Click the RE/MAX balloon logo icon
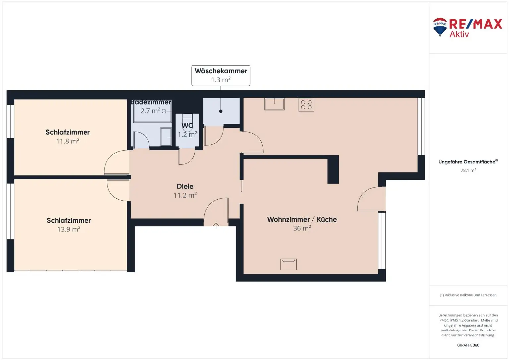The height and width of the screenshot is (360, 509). pyautogui.click(x=440, y=27)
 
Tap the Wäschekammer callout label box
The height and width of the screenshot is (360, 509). pyautogui.click(x=221, y=76)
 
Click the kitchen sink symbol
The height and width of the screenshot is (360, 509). pyautogui.click(x=274, y=104)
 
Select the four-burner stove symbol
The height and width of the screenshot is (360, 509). pyautogui.click(x=306, y=105)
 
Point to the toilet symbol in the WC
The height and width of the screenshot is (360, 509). pyautogui.click(x=187, y=123)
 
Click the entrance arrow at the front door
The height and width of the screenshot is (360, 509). pyautogui.click(x=216, y=226)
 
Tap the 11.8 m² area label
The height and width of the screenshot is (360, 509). pyautogui.click(x=68, y=141)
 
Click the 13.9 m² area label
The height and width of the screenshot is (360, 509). pyautogui.click(x=69, y=229)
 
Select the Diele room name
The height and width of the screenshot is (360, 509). pyautogui.click(x=185, y=186)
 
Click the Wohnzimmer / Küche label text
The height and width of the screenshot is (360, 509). pyautogui.click(x=302, y=219)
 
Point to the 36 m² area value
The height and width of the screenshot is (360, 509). pyautogui.click(x=302, y=228)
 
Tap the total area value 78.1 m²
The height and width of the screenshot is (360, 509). pyautogui.click(x=468, y=170)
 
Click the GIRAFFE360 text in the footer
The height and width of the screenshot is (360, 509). pyautogui.click(x=468, y=345)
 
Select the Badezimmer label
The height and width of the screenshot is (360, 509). pyautogui.click(x=151, y=102)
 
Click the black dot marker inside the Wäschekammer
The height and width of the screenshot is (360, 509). pyautogui.click(x=221, y=111)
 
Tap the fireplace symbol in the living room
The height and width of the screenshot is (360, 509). pyautogui.click(x=288, y=264)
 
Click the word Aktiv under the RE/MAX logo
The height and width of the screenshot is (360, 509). pyautogui.click(x=459, y=34)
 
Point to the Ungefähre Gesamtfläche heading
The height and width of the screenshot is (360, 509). pyautogui.click(x=467, y=162)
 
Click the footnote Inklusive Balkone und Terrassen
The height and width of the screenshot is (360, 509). pyautogui.click(x=468, y=295)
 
